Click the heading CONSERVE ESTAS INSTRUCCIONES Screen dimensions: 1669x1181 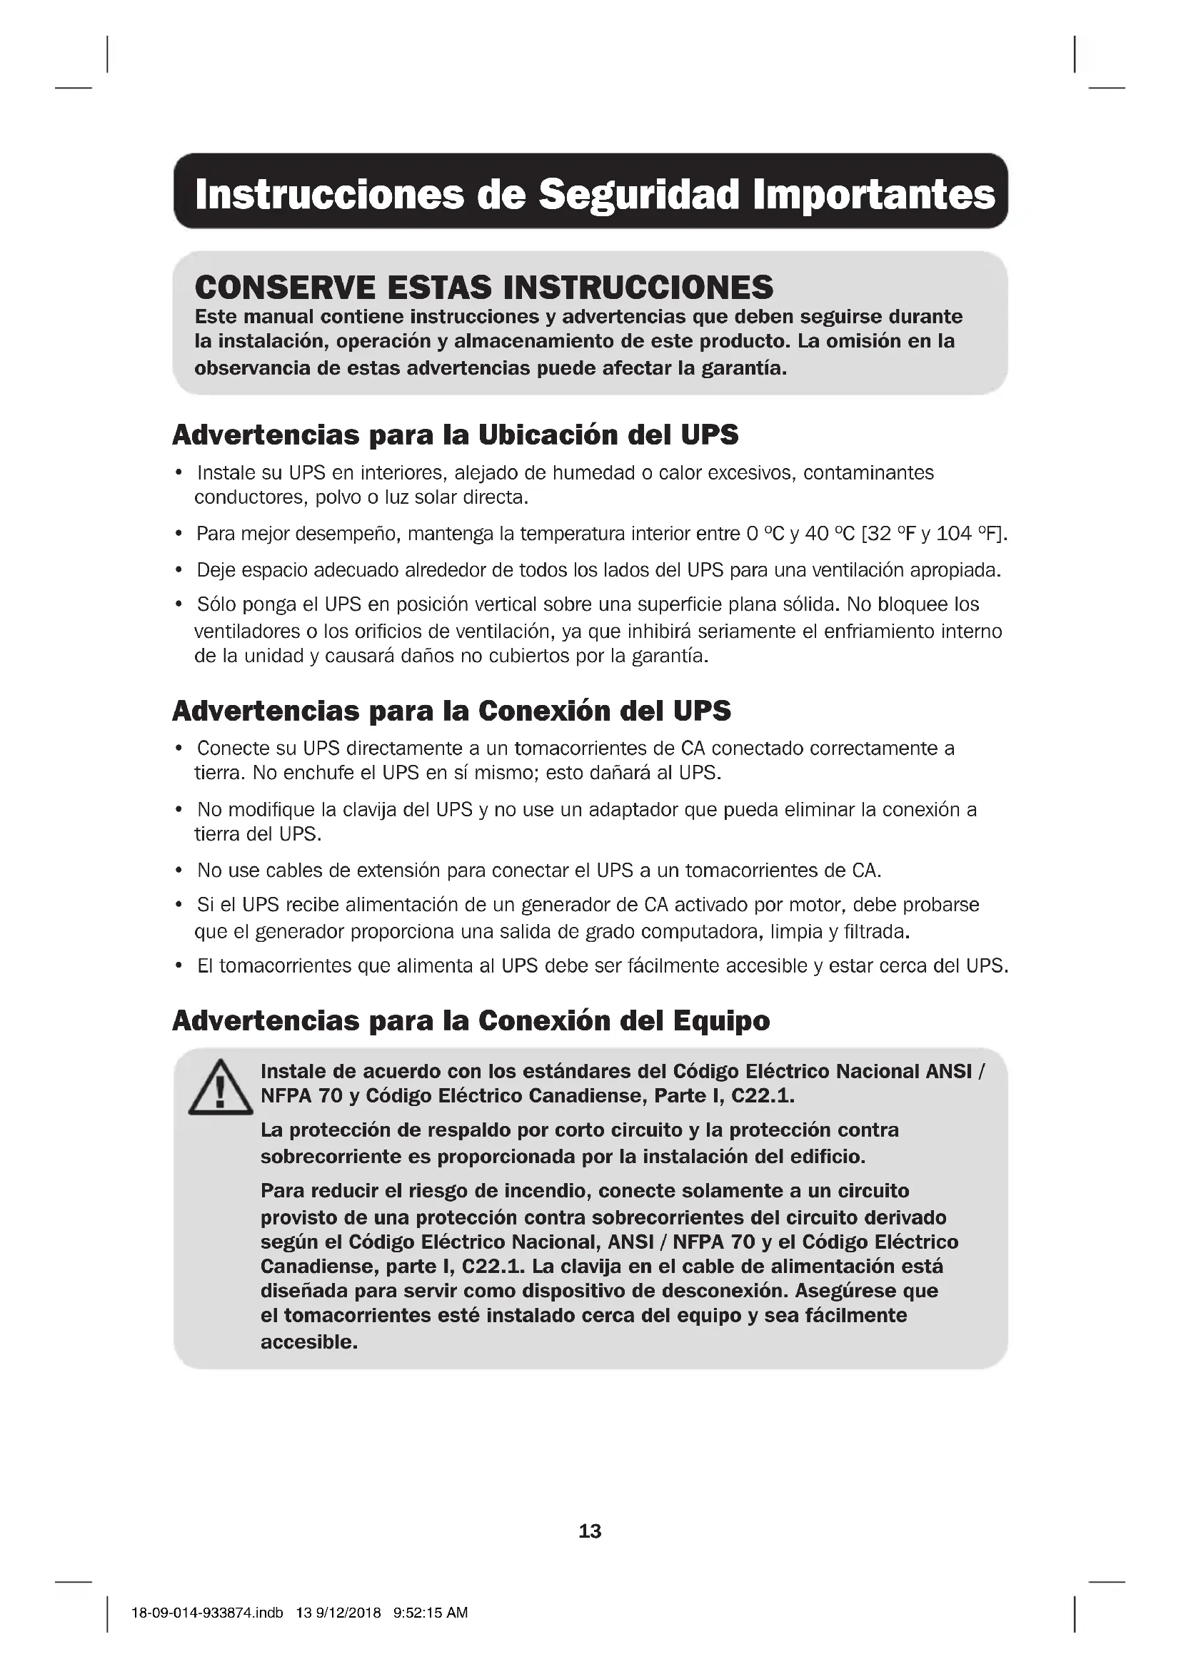[483, 288]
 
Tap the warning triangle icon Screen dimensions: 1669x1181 [220, 1088]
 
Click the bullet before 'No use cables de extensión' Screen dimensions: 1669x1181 [179, 871]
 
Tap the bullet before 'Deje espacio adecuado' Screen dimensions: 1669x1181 [179, 571]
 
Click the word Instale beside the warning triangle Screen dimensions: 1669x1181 [293, 1072]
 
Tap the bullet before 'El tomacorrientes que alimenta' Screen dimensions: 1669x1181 [179, 966]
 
